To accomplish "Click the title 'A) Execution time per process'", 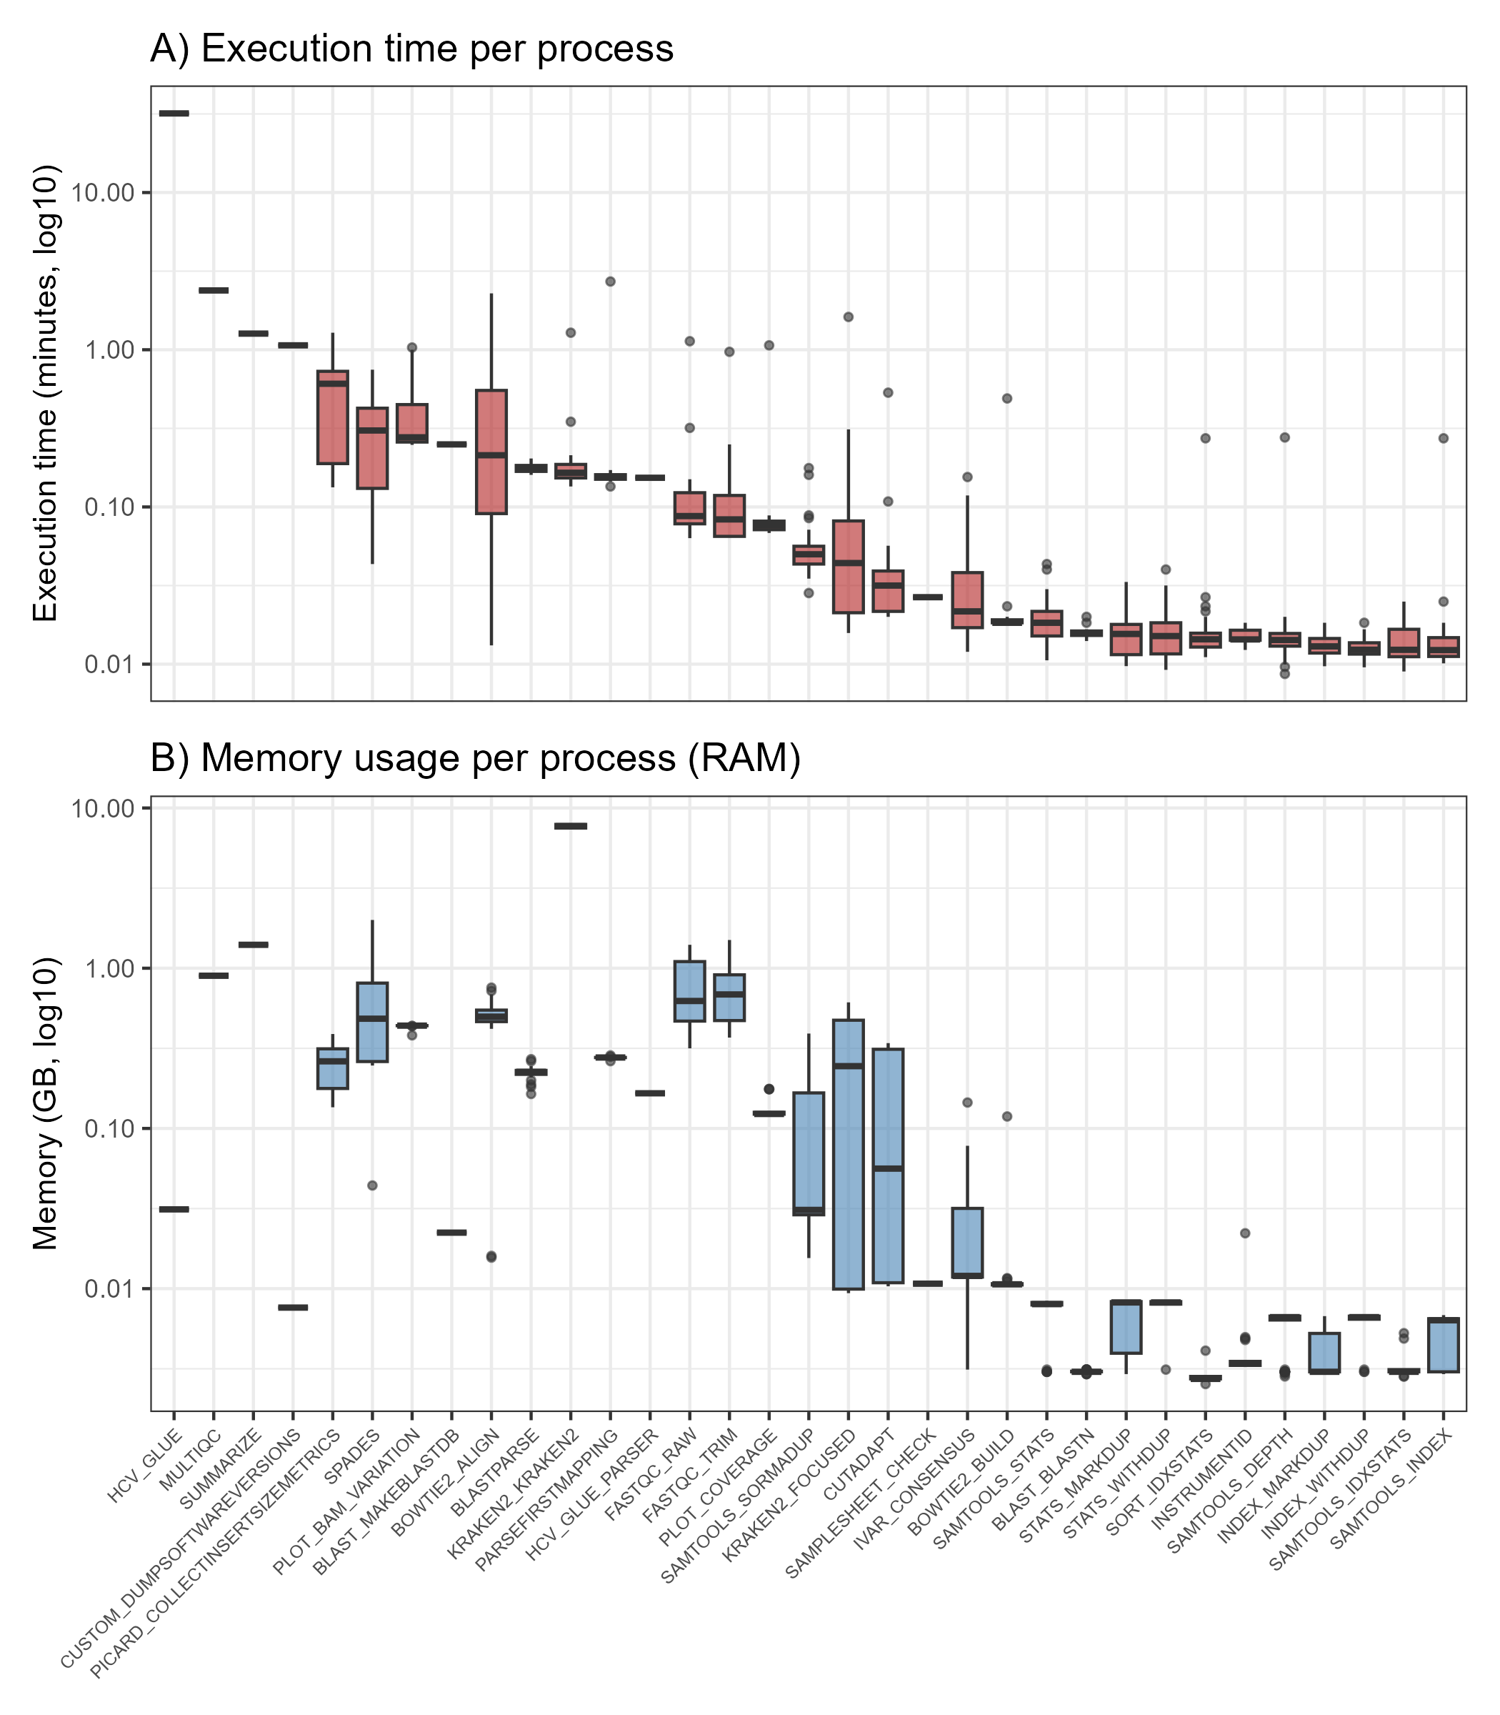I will tap(412, 49).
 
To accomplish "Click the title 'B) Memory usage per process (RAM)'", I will tap(476, 759).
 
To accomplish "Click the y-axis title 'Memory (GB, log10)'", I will tap(45, 1104).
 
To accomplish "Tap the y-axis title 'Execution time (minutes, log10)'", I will tap(45, 394).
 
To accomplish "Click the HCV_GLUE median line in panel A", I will tap(174, 113).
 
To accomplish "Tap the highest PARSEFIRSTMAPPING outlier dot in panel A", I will tap(610, 282).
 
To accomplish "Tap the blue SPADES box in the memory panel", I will tap(372, 1022).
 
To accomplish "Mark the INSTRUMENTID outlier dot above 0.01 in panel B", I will tap(1245, 1233).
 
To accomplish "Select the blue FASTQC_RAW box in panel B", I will tap(690, 990).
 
